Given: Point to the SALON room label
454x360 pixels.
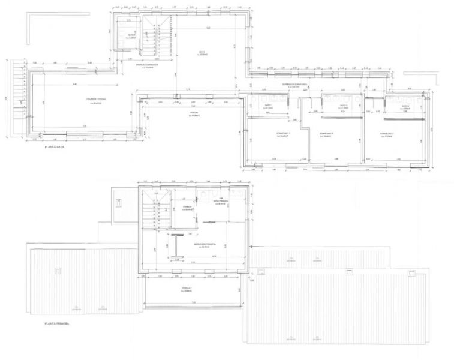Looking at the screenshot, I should pos(202,54).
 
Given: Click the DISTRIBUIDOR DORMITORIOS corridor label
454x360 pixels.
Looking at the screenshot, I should pos(295,85).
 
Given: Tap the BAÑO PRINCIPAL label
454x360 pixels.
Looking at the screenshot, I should pos(223,202).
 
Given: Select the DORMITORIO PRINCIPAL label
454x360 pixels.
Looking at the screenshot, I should pos(205,246).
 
